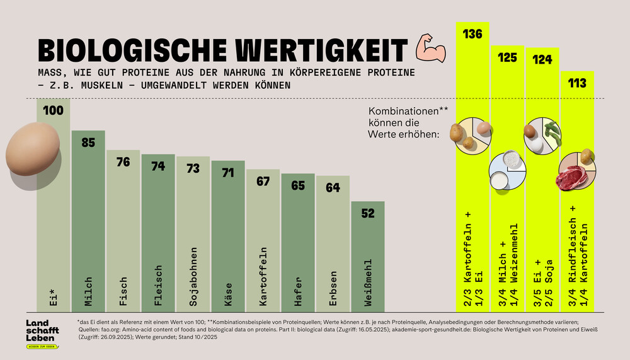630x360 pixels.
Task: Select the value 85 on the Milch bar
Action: tap(88, 142)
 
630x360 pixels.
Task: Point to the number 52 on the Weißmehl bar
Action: tap(368, 214)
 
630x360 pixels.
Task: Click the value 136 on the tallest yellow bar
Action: tap(472, 34)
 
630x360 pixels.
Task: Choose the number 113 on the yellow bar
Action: tap(576, 83)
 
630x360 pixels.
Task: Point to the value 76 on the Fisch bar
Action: tap(123, 162)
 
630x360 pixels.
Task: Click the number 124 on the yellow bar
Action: tap(542, 60)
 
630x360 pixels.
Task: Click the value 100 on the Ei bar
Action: tap(53, 111)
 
